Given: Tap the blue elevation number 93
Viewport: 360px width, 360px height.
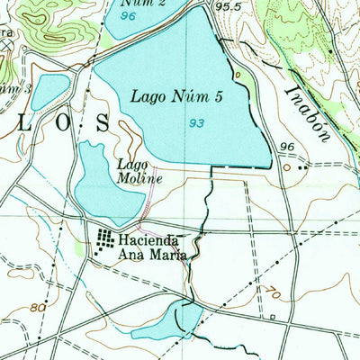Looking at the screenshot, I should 194,123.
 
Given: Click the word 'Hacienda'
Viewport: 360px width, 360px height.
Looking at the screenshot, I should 149,241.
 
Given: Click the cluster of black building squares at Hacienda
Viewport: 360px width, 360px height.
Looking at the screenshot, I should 106,240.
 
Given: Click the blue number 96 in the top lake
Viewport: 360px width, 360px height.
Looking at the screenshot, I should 127,16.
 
